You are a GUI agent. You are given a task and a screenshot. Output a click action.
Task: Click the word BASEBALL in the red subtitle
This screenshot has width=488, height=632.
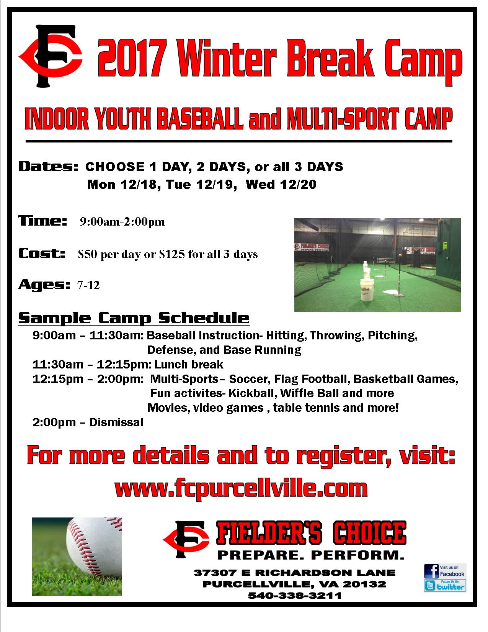click(201, 119)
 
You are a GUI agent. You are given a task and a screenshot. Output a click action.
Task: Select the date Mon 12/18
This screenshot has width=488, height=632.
click(121, 185)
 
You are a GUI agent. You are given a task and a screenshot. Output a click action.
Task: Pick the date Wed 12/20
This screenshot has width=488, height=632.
click(281, 185)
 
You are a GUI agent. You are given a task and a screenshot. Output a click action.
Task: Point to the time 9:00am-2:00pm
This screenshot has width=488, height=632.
click(122, 222)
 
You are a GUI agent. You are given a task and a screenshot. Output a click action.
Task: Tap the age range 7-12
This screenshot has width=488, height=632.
click(88, 285)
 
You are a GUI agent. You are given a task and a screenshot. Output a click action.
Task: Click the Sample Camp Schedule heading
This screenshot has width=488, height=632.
click(134, 318)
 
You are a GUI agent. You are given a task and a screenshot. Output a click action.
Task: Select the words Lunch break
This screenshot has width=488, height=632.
click(189, 364)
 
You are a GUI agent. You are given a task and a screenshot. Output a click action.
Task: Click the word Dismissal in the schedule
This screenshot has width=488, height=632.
click(116, 422)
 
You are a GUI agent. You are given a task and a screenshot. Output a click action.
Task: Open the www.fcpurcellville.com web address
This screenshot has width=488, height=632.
click(241, 489)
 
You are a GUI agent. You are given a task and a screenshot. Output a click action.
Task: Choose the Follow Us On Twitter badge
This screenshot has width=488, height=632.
click(445, 586)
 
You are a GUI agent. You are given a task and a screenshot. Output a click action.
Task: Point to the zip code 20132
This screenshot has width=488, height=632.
click(364, 584)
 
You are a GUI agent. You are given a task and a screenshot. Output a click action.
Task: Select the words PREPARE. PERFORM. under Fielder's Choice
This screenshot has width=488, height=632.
click(311, 555)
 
